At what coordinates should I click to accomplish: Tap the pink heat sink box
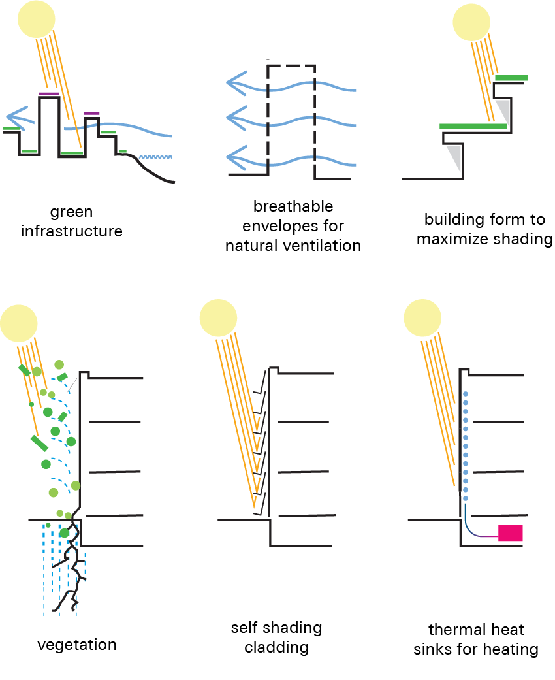(x=511, y=532)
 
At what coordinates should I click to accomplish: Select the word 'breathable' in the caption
(x=293, y=207)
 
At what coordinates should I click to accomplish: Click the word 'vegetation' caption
(x=77, y=645)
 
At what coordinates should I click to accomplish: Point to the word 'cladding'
(x=276, y=647)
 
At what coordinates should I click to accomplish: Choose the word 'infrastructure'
(x=72, y=231)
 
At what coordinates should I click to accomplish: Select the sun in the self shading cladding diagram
(x=223, y=319)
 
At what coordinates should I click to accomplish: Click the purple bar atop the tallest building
(x=48, y=94)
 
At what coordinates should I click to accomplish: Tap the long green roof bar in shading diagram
(x=473, y=126)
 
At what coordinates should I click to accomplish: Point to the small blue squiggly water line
(x=155, y=157)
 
